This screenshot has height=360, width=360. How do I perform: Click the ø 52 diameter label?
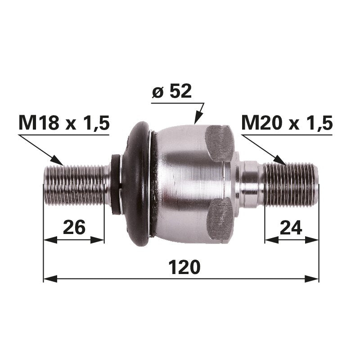click(x=172, y=92)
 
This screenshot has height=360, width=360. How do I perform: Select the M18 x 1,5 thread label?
click(x=64, y=123)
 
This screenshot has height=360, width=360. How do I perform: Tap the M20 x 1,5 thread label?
click(x=287, y=123)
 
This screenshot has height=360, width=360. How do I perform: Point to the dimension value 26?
click(x=74, y=227)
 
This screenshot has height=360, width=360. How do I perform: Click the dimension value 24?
click(x=291, y=227)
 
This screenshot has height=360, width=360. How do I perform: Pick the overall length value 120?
click(x=184, y=267)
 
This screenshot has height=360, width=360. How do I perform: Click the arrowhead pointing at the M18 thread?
click(x=58, y=160)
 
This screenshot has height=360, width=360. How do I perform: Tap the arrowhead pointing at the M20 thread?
click(x=279, y=160)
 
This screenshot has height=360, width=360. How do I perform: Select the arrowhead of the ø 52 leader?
click(x=197, y=118)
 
